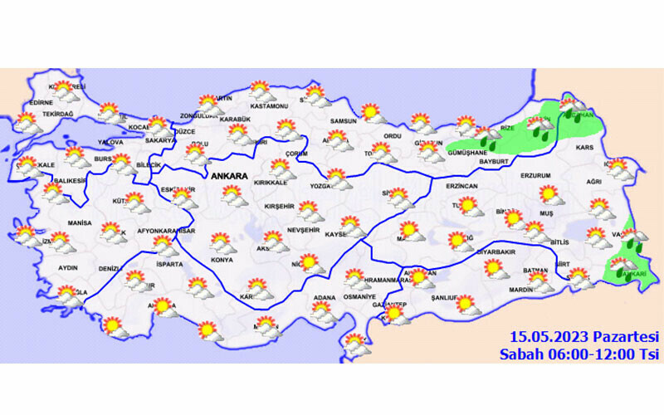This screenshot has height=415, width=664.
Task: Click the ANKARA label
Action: [x=230, y=177]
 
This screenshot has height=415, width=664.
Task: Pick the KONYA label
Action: [x=222, y=260]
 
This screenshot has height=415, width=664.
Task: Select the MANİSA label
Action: [x=80, y=224]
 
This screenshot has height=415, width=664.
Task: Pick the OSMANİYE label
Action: [x=359, y=296]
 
